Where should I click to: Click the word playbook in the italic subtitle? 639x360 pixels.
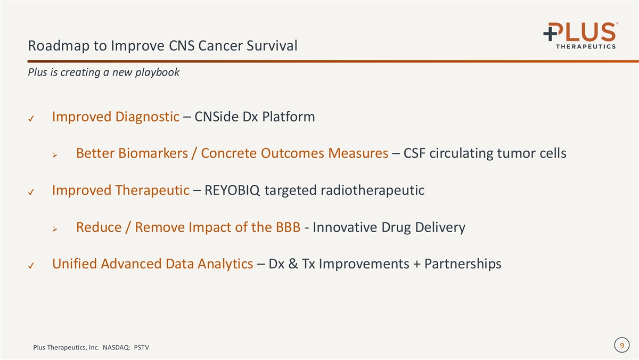point(157,72)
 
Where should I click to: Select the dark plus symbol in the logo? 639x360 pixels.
point(550,33)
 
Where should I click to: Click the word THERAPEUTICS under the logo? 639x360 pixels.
point(586,46)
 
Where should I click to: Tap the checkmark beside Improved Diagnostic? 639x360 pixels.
point(31,118)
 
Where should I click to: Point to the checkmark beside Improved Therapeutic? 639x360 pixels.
point(31,192)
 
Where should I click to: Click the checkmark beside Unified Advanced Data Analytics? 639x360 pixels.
point(31,266)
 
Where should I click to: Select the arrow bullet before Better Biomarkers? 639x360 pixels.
point(55,155)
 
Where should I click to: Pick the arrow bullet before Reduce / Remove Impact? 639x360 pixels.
point(55,229)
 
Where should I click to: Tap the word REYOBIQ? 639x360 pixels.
point(232,190)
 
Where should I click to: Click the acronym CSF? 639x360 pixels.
point(414,153)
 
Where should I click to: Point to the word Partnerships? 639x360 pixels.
point(463,264)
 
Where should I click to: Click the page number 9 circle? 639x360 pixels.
point(622,345)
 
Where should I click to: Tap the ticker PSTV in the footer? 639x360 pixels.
point(142,347)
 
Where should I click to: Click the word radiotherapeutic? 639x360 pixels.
point(373,191)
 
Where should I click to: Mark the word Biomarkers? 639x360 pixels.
point(153,153)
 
